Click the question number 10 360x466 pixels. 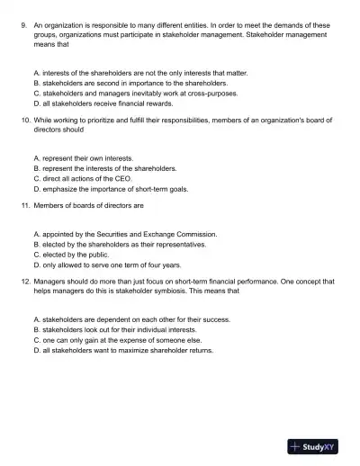[x=24, y=120]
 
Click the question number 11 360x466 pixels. [x=24, y=205]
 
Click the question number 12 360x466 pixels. [x=24, y=282]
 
